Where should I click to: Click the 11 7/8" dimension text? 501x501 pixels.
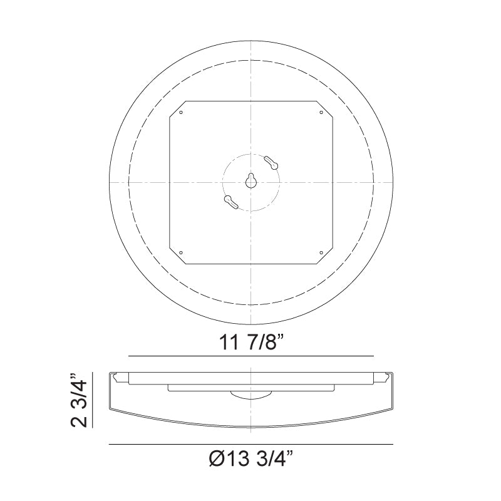click(x=250, y=343)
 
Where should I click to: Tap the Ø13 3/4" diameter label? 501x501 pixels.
click(x=250, y=460)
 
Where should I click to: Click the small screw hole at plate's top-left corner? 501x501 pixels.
click(x=180, y=113)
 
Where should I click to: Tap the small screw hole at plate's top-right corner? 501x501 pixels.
click(x=321, y=113)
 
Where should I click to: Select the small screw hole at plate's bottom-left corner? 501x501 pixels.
click(x=180, y=253)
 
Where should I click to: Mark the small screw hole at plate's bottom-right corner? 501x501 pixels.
click(x=321, y=253)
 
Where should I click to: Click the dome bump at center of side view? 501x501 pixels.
click(x=250, y=395)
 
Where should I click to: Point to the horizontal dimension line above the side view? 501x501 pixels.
click(x=250, y=356)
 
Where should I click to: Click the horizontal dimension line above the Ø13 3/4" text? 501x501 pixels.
click(x=250, y=445)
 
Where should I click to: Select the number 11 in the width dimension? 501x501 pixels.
click(x=229, y=343)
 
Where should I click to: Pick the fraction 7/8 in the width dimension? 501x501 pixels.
click(x=263, y=343)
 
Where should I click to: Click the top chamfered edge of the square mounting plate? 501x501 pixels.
click(x=250, y=100)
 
